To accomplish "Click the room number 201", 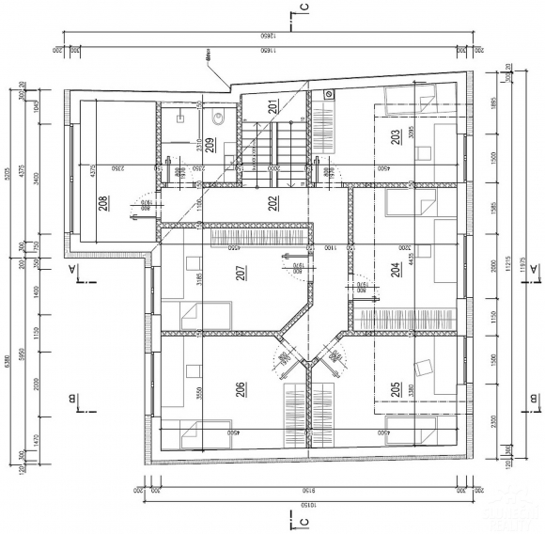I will coord(272,108).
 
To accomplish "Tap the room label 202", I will coord(272,201).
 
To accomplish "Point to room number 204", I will coord(396,270).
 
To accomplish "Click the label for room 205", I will coord(396,386).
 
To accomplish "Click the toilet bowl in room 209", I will coord(217,118).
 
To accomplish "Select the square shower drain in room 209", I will coord(179,118).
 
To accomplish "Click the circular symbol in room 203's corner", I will coord(329,95).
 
